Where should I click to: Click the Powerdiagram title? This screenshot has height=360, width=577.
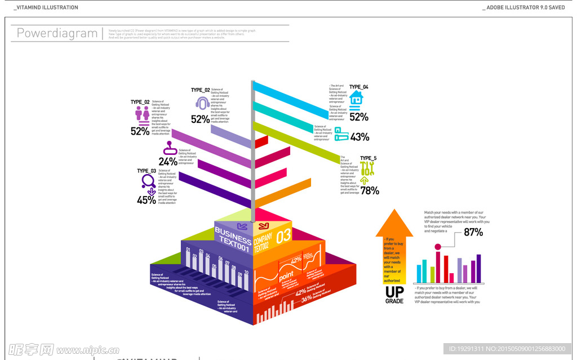pos(57,33)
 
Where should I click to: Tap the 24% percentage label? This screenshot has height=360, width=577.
pos(168,162)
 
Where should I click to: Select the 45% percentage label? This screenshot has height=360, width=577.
pos(147,200)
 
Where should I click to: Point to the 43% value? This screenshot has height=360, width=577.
pos(359,137)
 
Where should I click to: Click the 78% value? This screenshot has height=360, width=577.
pos(370,190)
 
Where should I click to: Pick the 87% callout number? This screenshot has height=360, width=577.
pos(473,232)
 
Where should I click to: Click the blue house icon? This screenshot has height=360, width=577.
pos(356,99)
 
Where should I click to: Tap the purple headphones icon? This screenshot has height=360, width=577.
pos(202,103)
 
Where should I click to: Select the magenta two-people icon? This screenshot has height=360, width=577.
pos(142,114)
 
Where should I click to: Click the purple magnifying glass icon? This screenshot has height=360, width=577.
pos(148,181)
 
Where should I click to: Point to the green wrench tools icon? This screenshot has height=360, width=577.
pos(367,168)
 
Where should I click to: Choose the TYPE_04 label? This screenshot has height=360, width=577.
pos(358,87)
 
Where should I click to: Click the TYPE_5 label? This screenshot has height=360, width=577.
pos(368,158)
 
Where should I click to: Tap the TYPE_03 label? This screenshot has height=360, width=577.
pos(147,171)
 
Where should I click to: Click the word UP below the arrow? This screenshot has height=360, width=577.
pos(394,292)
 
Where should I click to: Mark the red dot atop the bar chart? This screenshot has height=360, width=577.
pos(437,247)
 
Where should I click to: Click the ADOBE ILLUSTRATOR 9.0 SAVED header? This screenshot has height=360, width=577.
pos(526,7)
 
